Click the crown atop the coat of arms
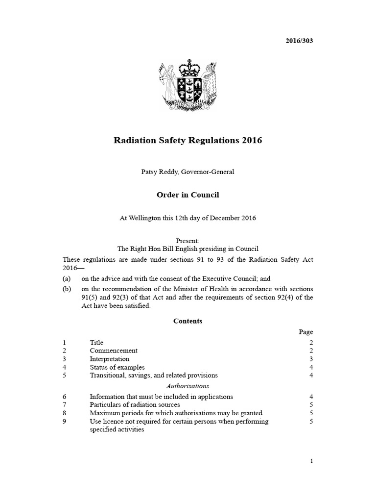(x=188, y=67)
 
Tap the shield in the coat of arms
(x=188, y=89)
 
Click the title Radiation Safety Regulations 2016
(x=188, y=141)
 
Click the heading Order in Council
(x=188, y=195)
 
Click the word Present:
(x=188, y=241)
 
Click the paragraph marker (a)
(x=67, y=278)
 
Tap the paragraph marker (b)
(x=67, y=289)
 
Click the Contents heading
(x=188, y=322)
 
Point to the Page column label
(x=306, y=332)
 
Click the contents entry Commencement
(x=114, y=351)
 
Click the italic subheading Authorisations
(x=188, y=386)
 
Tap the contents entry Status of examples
(x=117, y=367)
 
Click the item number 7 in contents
(x=65, y=405)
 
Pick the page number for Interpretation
(x=311, y=359)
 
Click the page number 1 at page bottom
(x=311, y=461)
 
